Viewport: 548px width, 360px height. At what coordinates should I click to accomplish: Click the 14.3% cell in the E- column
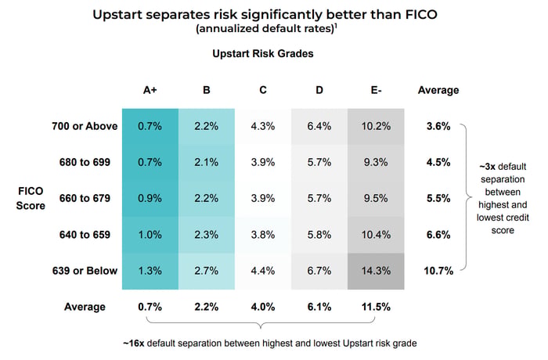(x=376, y=271)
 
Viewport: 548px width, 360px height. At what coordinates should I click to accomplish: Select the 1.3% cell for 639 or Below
(x=150, y=271)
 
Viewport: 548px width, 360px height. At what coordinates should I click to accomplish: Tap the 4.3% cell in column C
(x=263, y=126)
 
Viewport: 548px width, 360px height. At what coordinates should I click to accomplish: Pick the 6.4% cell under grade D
(x=319, y=126)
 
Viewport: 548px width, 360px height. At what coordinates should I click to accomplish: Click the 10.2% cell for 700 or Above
(x=376, y=126)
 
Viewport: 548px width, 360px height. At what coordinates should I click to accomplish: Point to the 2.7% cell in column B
(x=206, y=271)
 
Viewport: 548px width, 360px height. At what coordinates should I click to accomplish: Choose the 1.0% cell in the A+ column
(x=150, y=235)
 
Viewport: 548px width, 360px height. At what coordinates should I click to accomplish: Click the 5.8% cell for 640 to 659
(x=319, y=235)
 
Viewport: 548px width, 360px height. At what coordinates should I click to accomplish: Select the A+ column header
(x=150, y=90)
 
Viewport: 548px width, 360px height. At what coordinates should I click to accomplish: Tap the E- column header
(x=376, y=90)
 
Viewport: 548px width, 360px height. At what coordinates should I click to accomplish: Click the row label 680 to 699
(x=85, y=162)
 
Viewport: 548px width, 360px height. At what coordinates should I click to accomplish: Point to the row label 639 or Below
(x=85, y=271)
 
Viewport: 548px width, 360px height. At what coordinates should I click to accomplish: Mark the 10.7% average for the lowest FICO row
(x=438, y=271)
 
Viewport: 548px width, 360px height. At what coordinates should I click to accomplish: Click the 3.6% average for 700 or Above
(x=438, y=126)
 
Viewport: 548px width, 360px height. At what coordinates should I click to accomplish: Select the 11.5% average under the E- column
(x=376, y=307)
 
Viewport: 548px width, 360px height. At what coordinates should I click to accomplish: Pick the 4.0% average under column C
(x=263, y=307)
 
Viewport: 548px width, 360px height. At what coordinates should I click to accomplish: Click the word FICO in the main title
(x=421, y=15)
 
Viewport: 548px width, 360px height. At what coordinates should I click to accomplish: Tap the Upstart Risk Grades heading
(x=263, y=53)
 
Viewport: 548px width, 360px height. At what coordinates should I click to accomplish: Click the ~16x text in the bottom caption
(x=134, y=344)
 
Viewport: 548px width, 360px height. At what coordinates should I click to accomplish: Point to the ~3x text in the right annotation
(x=488, y=167)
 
